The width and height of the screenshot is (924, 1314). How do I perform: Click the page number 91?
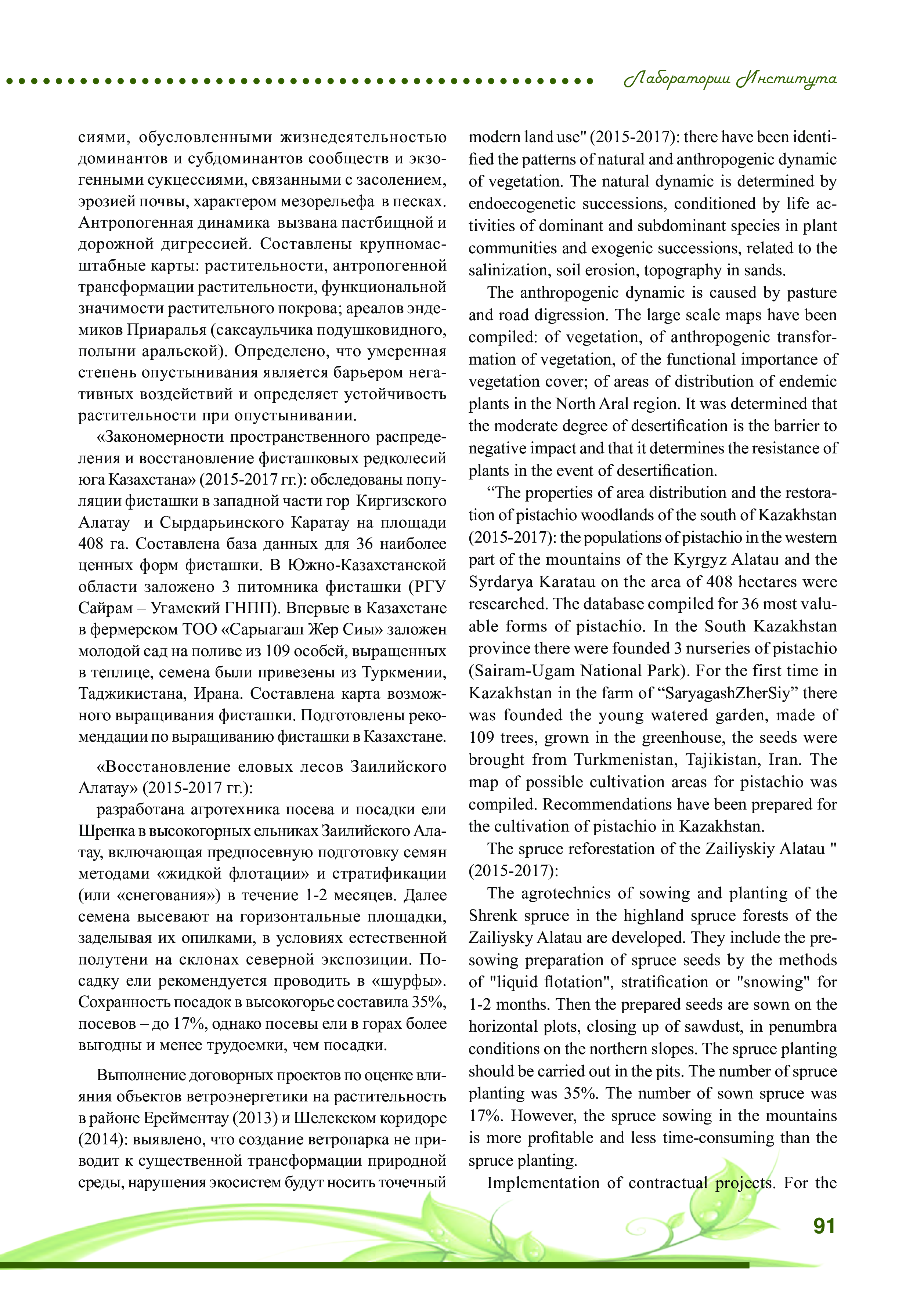823,1225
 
